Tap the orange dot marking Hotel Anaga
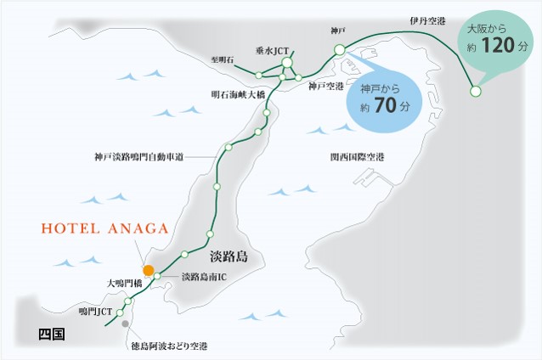click(148, 270)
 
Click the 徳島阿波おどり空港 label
click(169, 346)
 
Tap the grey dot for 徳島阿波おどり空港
click(125, 323)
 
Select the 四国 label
click(52, 334)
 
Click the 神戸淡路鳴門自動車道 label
click(139, 157)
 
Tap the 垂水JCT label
click(273, 51)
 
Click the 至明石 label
click(222, 60)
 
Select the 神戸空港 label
click(325, 87)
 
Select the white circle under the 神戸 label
click(339, 49)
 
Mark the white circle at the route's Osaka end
click(475, 91)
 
